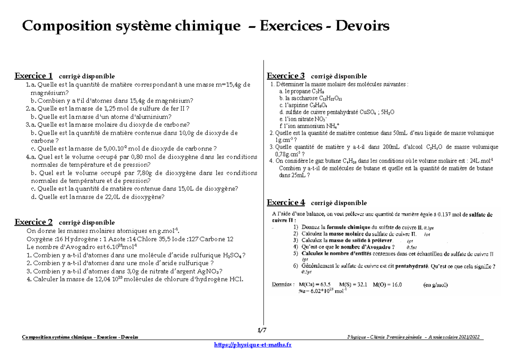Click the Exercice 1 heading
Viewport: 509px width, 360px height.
[34, 76]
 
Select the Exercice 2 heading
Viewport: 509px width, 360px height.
[34, 222]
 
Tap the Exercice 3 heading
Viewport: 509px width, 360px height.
[285, 76]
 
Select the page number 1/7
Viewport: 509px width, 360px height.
[262, 330]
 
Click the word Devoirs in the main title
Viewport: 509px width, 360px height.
[363, 26]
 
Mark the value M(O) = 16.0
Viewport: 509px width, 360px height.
[387, 285]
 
